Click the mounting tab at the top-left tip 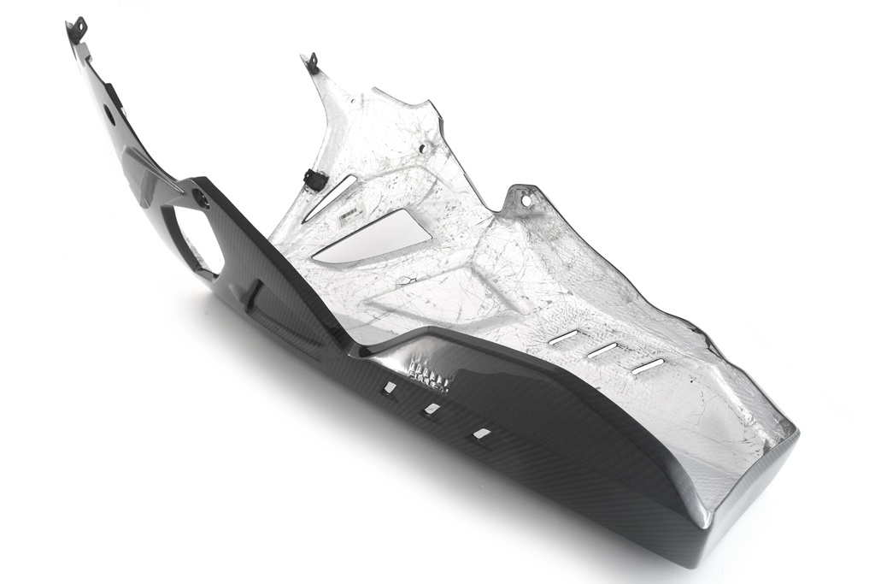tap(77, 29)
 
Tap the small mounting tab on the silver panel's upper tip tap(310, 62)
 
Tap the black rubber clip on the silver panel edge tap(314, 180)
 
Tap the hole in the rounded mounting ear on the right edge tap(526, 201)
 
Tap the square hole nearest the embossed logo tap(390, 387)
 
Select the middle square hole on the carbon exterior tap(432, 410)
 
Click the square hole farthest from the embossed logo tap(483, 434)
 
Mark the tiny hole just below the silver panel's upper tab tap(326, 88)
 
